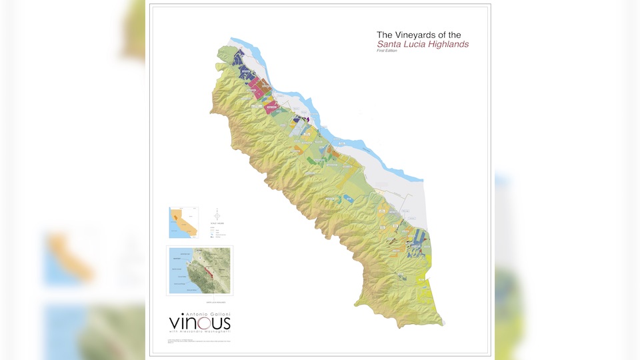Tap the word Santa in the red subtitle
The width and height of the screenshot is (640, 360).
pyautogui.click(x=389, y=44)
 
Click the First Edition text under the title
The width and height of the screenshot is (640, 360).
pyautogui.click(x=387, y=51)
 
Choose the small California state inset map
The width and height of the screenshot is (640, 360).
pyautogui.click(x=183, y=223)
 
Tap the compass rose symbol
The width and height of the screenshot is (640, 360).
pyautogui.click(x=217, y=213)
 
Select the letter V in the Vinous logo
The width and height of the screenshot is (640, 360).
pyautogui.click(x=175, y=322)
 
